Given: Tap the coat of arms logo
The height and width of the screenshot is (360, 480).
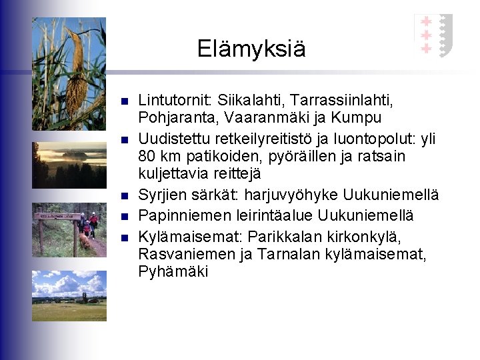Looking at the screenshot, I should pyautogui.click(x=433, y=35).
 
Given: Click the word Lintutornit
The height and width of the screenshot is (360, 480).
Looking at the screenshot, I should pyautogui.click(x=172, y=100).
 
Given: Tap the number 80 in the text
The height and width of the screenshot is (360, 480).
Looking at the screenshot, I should pyautogui.click(x=147, y=157).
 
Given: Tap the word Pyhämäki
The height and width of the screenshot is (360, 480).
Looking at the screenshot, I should pyautogui.click(x=173, y=271).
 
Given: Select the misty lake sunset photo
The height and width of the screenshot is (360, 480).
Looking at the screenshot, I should pyautogui.click(x=69, y=165).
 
